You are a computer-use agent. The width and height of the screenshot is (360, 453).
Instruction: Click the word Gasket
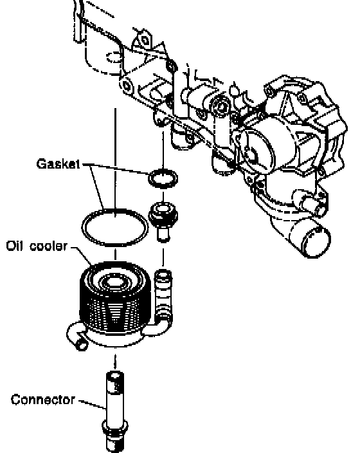tap(58, 163)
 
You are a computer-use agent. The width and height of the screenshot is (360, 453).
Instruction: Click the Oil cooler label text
tap(37, 246)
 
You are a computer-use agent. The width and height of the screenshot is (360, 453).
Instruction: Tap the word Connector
tap(43, 400)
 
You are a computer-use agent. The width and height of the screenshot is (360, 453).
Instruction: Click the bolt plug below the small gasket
tap(163, 221)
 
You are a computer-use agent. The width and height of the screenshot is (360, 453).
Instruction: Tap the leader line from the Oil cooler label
tap(82, 255)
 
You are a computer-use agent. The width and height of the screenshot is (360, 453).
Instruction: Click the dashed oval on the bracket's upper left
tap(114, 57)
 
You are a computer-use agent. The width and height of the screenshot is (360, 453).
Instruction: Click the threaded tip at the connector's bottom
tap(115, 443)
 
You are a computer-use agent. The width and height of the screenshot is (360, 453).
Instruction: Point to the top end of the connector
tap(115, 376)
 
